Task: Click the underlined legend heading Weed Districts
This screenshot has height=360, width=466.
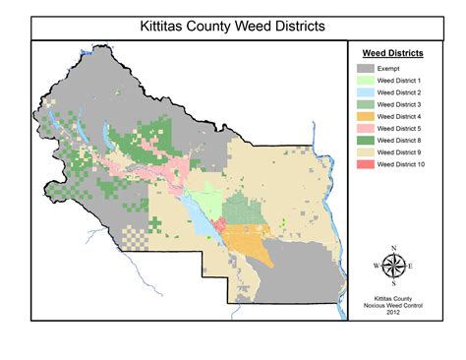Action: point(393,54)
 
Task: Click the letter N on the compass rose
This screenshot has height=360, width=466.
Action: point(394,249)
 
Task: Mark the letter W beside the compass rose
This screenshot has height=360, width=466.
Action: point(378,267)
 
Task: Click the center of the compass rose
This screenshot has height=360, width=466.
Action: point(394,267)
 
